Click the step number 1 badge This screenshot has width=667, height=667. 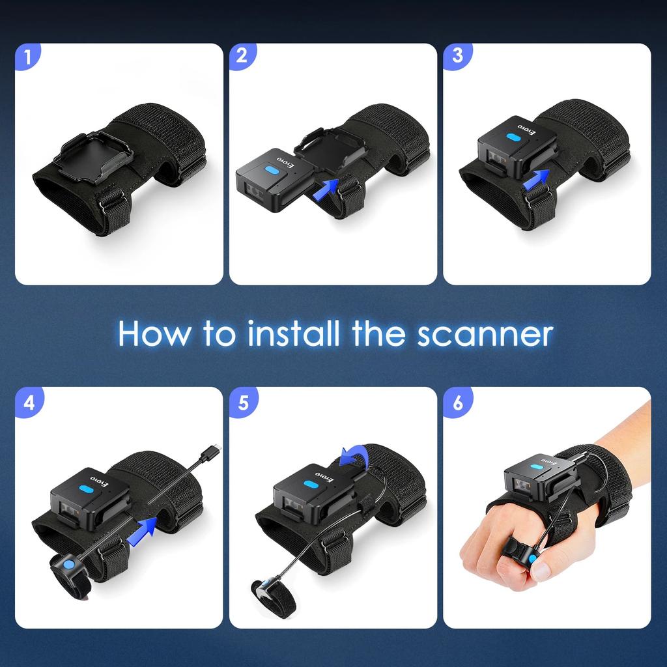point(27,56)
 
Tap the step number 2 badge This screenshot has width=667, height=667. point(242,56)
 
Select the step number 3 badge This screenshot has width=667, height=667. point(457,56)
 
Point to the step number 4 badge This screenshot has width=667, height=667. point(27,401)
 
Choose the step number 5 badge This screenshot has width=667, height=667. point(242,401)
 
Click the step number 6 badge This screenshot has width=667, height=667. point(457,401)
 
